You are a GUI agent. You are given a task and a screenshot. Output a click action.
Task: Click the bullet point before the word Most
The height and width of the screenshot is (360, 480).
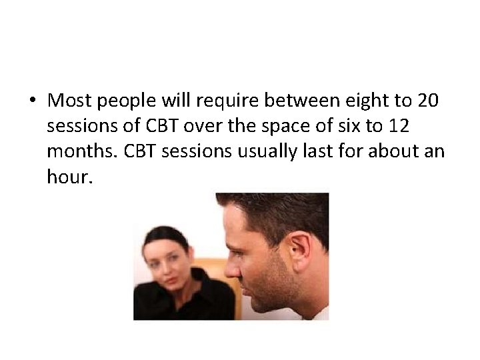(x=33, y=101)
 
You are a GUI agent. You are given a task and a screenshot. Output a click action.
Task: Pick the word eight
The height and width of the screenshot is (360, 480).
(x=361, y=102)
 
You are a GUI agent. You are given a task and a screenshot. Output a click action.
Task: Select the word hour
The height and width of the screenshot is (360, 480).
(x=67, y=176)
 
